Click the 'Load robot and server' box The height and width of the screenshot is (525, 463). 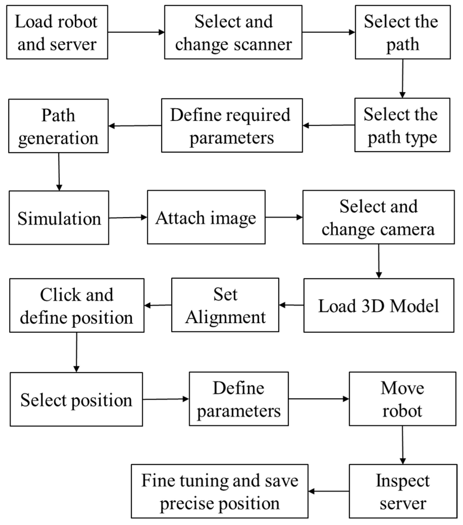point(57,32)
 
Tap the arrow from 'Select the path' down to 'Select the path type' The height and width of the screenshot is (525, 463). point(403,78)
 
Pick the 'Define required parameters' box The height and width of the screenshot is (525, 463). point(232,126)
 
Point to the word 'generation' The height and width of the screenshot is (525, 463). point(58,138)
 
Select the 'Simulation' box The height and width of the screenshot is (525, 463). point(59,217)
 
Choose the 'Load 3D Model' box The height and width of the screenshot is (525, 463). point(379,305)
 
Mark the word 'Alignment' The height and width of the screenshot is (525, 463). point(225,317)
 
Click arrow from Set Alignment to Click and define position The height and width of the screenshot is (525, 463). point(158,305)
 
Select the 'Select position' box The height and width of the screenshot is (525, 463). point(76,399)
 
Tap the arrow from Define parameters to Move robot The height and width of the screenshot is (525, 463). point(318,399)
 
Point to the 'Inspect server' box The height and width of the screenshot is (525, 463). point(403,491)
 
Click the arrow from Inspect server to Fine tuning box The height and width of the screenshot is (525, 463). point(328,491)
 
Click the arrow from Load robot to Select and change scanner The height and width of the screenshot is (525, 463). point(136,32)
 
